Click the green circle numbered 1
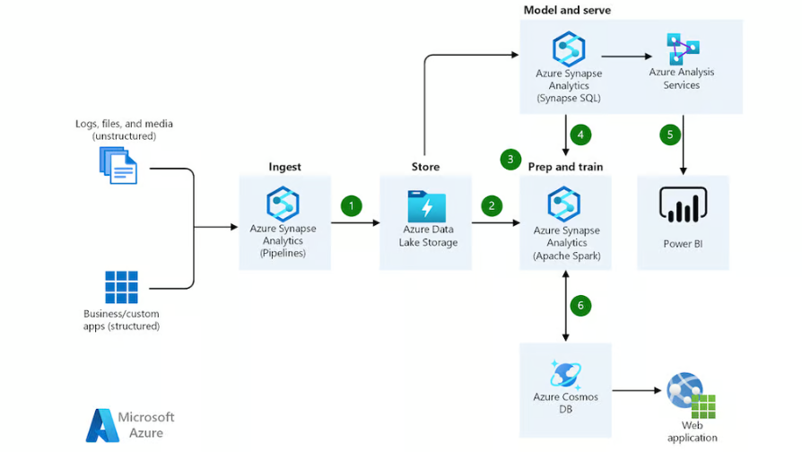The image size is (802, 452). tap(352, 206)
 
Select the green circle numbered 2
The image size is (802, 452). tap(492, 206)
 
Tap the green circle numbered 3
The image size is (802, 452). tap(510, 160)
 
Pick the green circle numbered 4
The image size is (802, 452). tap(580, 135)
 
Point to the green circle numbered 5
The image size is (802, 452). tap(670, 135)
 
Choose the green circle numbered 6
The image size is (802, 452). tap(580, 306)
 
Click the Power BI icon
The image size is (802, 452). tap(684, 204)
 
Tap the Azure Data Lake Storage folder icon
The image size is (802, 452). tap(427, 206)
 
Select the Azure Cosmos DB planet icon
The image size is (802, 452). tap(565, 375)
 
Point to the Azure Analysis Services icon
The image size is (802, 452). tap(683, 48)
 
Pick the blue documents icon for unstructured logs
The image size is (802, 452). tap(118, 165)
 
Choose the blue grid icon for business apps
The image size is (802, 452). tap(121, 287)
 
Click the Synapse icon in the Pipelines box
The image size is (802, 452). tap(283, 204)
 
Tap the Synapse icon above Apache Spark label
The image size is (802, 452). tap(563, 204)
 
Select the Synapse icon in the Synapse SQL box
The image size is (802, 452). tap(569, 48)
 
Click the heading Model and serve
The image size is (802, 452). tap(567, 10)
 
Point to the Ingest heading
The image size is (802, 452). tap(285, 167)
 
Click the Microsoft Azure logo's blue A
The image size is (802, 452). tap(102, 425)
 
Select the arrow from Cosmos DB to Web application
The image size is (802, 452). tap(637, 391)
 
